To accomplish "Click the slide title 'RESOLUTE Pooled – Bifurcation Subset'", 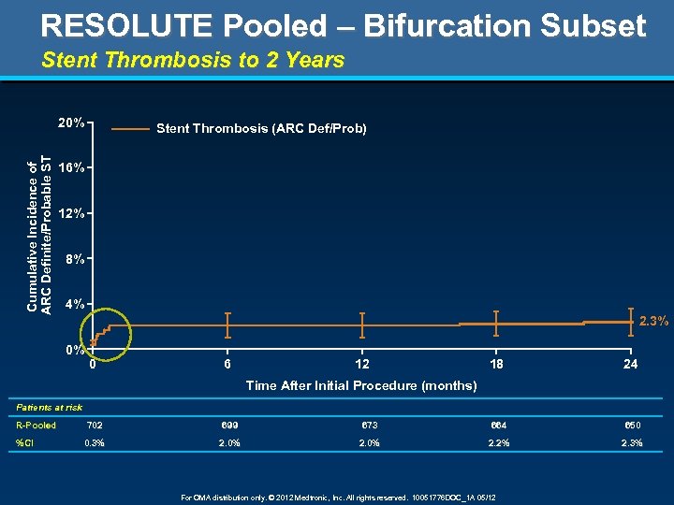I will coord(344,25).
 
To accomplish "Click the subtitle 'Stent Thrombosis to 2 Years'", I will coord(193,61).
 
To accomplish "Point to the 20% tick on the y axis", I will coord(72,123).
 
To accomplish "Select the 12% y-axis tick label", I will coord(72,213).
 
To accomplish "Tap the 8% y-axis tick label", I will coord(75,258).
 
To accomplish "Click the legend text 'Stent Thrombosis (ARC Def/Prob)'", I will coord(261,128).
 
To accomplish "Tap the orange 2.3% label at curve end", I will coord(653,322).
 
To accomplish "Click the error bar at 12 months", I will coord(362,325).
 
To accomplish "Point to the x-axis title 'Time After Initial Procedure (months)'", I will coord(360,385).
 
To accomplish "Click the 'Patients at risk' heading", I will coord(50,408).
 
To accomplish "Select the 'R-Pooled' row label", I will coord(37,426).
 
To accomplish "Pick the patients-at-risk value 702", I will coord(95,426).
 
